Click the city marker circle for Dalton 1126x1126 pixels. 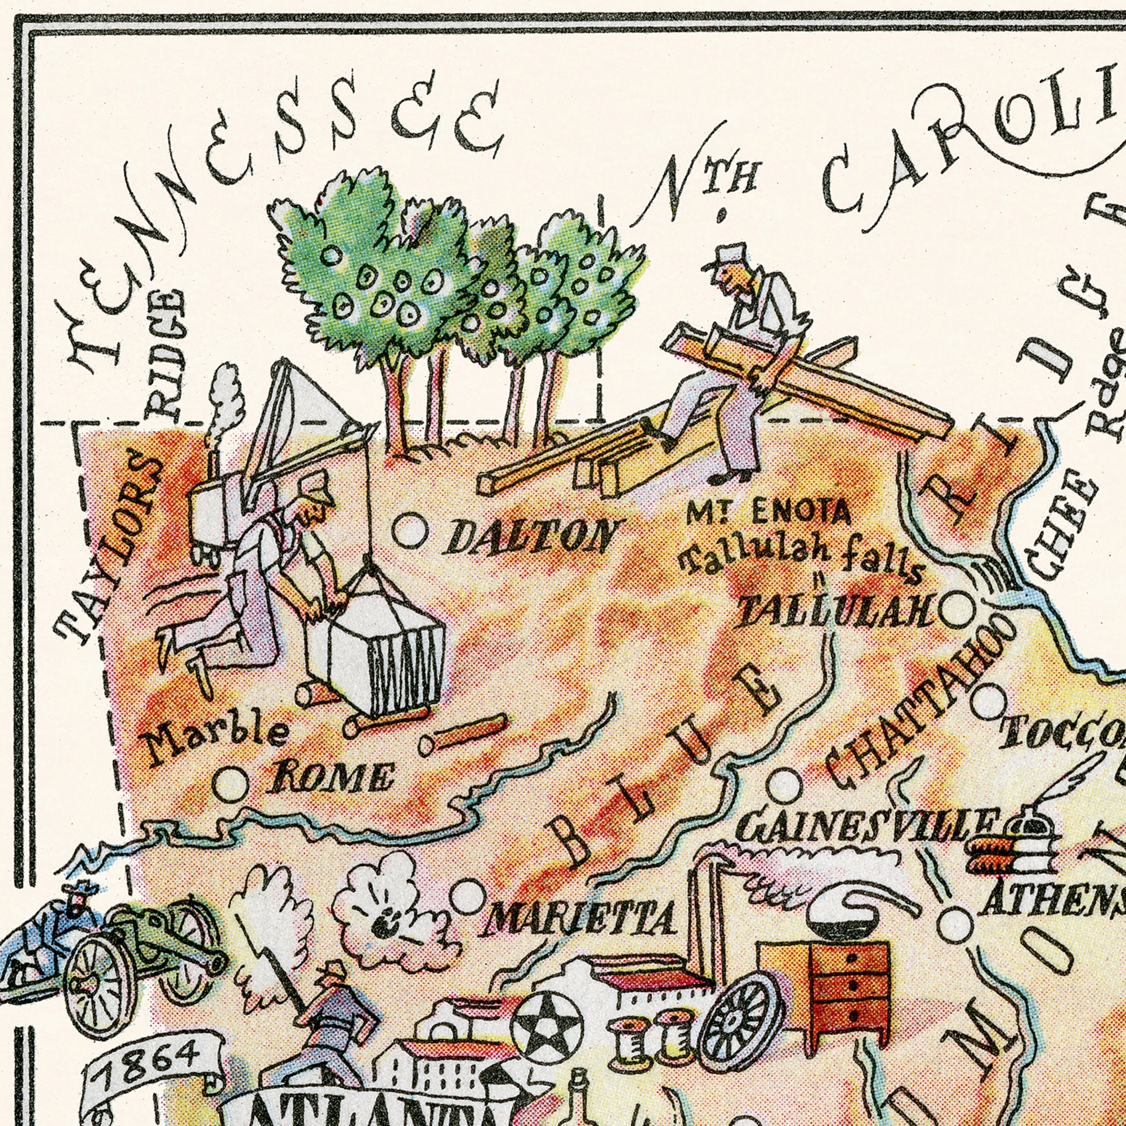coord(410,531)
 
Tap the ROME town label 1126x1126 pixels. coord(331,779)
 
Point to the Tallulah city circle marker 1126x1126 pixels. coord(958,610)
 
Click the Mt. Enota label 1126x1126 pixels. coord(768,513)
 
